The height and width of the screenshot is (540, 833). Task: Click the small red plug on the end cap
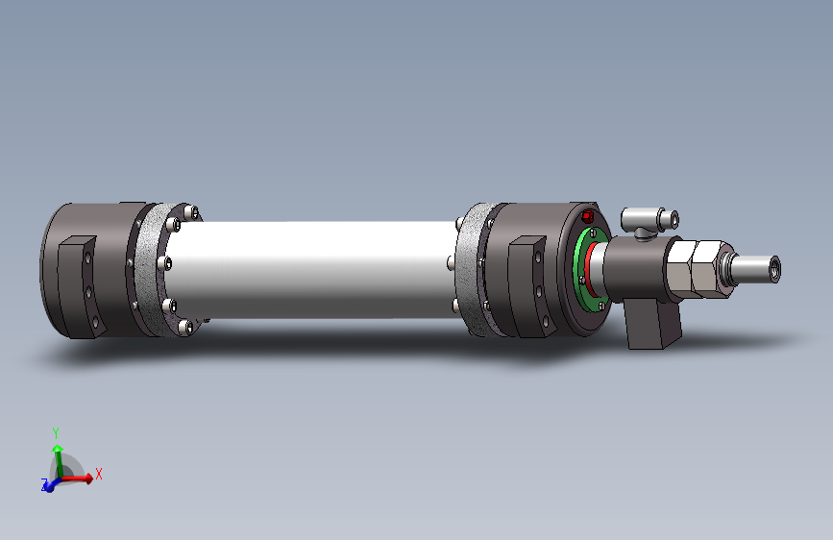point(588,216)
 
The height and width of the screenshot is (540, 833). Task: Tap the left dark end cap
point(90,270)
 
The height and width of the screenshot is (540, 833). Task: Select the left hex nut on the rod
point(681,269)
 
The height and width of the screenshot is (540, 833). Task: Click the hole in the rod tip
point(774,269)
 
